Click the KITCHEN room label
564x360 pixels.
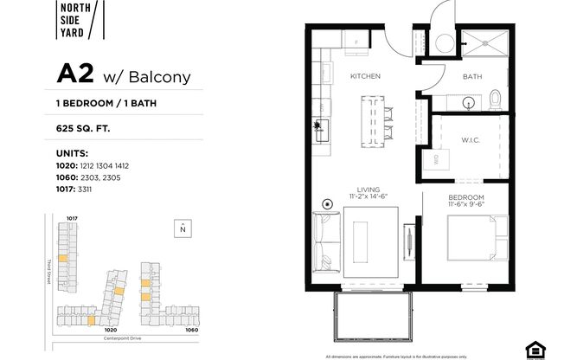tap(365, 76)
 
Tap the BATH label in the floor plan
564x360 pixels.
tap(472, 77)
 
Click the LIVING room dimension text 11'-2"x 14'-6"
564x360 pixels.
tap(374, 196)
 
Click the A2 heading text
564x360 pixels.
tap(76, 74)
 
